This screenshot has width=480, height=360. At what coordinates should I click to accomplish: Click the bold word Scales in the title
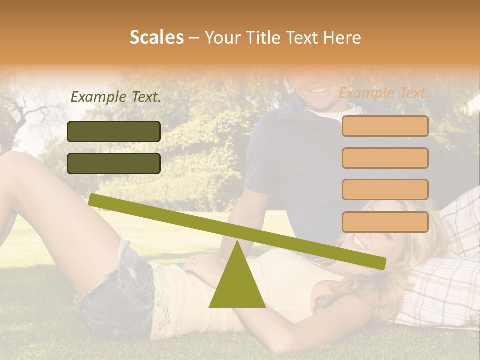pyautogui.click(x=156, y=37)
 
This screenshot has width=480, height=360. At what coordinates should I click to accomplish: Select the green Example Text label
pyautogui.click(x=116, y=97)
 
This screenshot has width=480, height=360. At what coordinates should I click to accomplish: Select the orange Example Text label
pyautogui.click(x=384, y=93)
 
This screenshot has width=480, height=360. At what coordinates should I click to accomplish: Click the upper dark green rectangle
pyautogui.click(x=114, y=131)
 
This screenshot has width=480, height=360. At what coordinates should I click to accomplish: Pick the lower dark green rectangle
pyautogui.click(x=114, y=163)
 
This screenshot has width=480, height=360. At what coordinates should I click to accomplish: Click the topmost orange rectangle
pyautogui.click(x=385, y=126)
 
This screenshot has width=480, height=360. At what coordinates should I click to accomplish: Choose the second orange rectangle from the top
pyautogui.click(x=385, y=158)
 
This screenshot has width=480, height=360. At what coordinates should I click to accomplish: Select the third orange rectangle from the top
pyautogui.click(x=385, y=189)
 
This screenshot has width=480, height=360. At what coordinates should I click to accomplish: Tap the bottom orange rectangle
pyautogui.click(x=385, y=222)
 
